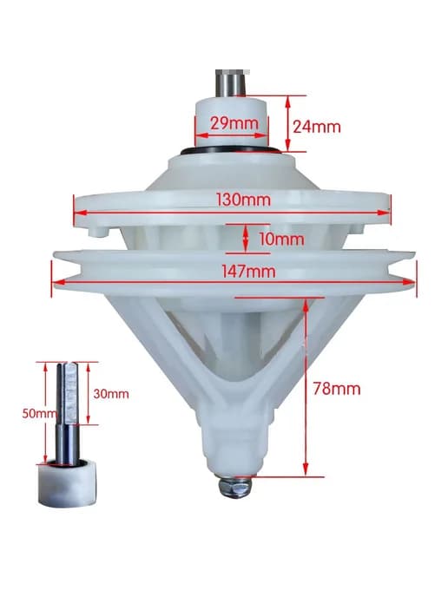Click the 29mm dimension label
pyautogui.click(x=234, y=123)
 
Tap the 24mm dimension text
pyautogui.click(x=317, y=127)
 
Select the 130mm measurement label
pyautogui.click(x=243, y=200)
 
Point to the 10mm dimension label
pyautogui.click(x=281, y=239)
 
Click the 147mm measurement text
pyautogui.click(x=248, y=272)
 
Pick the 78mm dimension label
pyautogui.click(x=337, y=389)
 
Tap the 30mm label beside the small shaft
pyautogui.click(x=111, y=394)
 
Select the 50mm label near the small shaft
pyautogui.click(x=39, y=414)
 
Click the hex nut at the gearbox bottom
pyautogui.click(x=234, y=486)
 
